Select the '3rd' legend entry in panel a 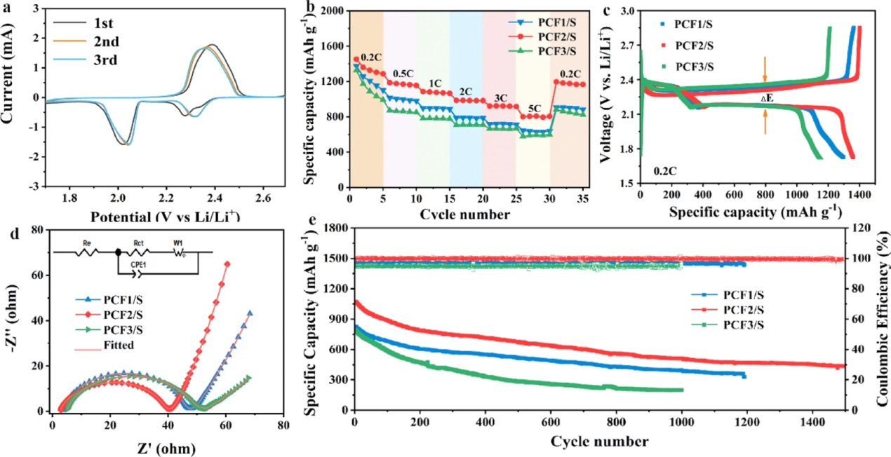[x=98, y=60]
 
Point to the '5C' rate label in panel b [x=535, y=108]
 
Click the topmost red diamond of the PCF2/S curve [x=227, y=264]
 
